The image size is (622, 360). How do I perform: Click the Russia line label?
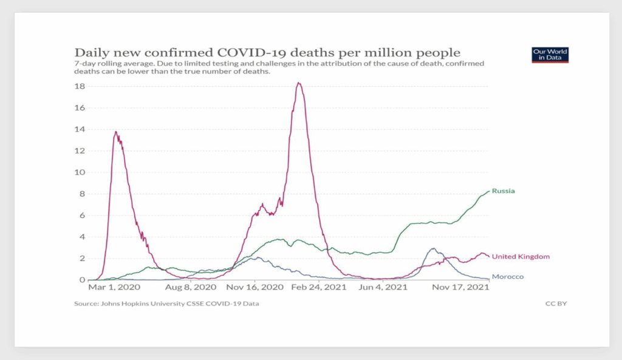[503, 191]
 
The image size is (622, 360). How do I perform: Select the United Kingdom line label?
[521, 256]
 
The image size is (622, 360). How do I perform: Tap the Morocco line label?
[507, 277]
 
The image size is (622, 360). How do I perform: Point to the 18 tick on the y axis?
[80, 86]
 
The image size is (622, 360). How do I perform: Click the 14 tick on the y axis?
[80, 129]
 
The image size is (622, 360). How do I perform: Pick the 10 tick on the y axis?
[80, 172]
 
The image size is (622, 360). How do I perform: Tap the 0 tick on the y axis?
[82, 280]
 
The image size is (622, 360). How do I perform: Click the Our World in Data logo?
[550, 55]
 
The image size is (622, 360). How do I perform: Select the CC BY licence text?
[556, 303]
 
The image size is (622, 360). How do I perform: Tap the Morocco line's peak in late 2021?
[432, 248]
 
